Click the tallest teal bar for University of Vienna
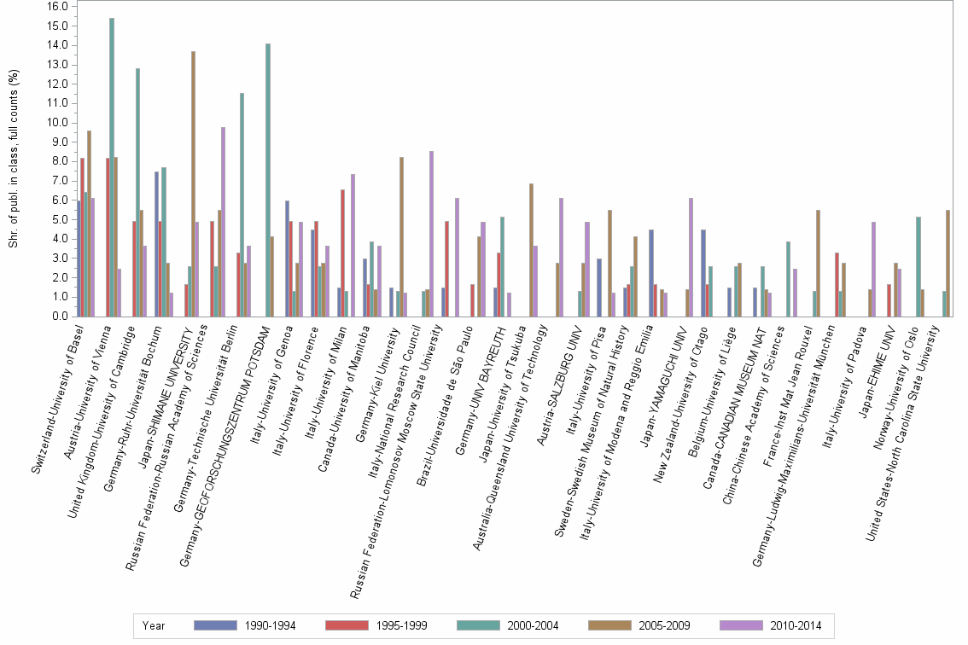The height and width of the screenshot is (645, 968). [x=112, y=167]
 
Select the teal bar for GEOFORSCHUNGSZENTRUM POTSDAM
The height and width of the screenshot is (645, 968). [x=268, y=180]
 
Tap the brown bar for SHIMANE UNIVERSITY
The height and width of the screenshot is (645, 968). [x=194, y=183]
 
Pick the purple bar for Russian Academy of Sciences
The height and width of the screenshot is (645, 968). [x=224, y=222]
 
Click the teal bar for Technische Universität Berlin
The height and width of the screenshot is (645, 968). [x=242, y=205]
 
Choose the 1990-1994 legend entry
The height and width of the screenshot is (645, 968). [x=245, y=626]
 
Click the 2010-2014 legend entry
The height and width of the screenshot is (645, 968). [x=771, y=626]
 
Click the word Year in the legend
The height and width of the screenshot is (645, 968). [x=154, y=626]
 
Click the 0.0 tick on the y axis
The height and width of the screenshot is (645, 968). [x=59, y=317]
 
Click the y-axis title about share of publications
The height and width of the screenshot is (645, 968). [x=14, y=160]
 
